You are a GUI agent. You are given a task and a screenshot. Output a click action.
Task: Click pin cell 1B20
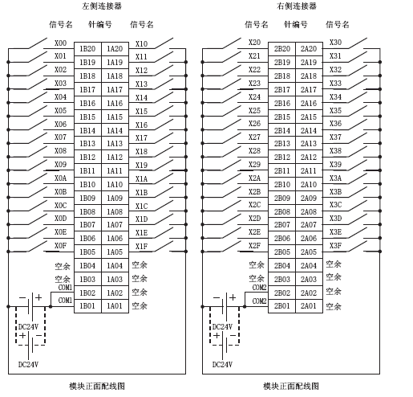click(x=87, y=49)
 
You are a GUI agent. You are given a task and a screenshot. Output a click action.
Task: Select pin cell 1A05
click(x=115, y=252)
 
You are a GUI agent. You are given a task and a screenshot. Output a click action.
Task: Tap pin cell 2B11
click(x=282, y=170)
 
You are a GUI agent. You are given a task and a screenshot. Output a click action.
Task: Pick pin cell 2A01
click(x=309, y=306)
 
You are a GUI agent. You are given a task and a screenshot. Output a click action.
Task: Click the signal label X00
click(x=60, y=43)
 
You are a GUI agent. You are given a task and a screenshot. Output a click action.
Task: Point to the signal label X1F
click(x=141, y=246)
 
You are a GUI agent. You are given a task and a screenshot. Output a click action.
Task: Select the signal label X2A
click(x=254, y=178)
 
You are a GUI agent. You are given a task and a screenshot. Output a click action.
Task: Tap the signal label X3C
click(x=335, y=205)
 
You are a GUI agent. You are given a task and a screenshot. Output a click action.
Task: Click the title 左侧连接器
click(x=102, y=6)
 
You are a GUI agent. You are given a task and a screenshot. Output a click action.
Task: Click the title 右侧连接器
click(x=297, y=6)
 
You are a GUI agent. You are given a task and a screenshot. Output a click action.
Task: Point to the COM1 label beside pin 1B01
click(x=65, y=301)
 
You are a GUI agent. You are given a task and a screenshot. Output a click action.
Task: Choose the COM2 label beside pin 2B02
click(x=259, y=288)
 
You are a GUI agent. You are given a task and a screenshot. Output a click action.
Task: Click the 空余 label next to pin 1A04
click(x=140, y=265)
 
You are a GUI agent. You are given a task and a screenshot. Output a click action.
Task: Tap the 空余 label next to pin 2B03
click(x=257, y=279)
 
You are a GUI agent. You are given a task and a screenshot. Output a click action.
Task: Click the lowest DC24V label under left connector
click(x=28, y=364)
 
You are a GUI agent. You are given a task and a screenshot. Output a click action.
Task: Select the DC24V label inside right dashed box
click(x=222, y=327)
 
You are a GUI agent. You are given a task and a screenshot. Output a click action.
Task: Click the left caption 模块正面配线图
click(x=97, y=386)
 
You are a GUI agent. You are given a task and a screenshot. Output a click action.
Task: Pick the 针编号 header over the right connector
click(x=296, y=25)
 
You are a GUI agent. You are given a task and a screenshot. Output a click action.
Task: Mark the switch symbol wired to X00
click(x=38, y=43)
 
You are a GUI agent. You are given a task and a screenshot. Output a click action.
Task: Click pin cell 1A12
click(x=115, y=157)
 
